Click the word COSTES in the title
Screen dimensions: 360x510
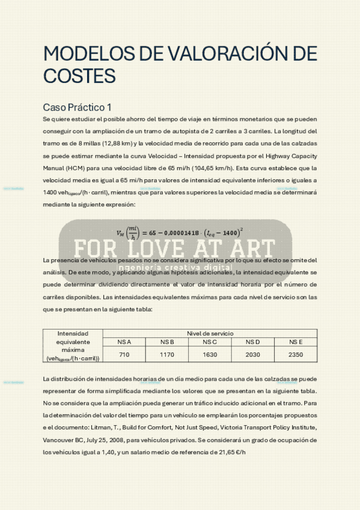point(79,76)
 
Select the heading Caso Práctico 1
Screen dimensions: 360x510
point(77,107)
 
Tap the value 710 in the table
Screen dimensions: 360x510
point(124,355)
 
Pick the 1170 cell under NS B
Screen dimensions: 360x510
point(166,355)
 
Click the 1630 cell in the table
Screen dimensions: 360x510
point(210,355)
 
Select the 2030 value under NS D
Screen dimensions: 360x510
point(252,355)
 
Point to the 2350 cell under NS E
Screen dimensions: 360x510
point(295,355)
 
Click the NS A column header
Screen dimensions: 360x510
point(124,342)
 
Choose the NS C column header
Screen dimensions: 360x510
point(210,342)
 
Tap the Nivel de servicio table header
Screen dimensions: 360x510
point(210,333)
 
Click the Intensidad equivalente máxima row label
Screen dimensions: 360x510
point(73,345)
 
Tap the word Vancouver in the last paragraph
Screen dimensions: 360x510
point(60,440)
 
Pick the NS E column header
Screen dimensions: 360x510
point(295,342)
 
